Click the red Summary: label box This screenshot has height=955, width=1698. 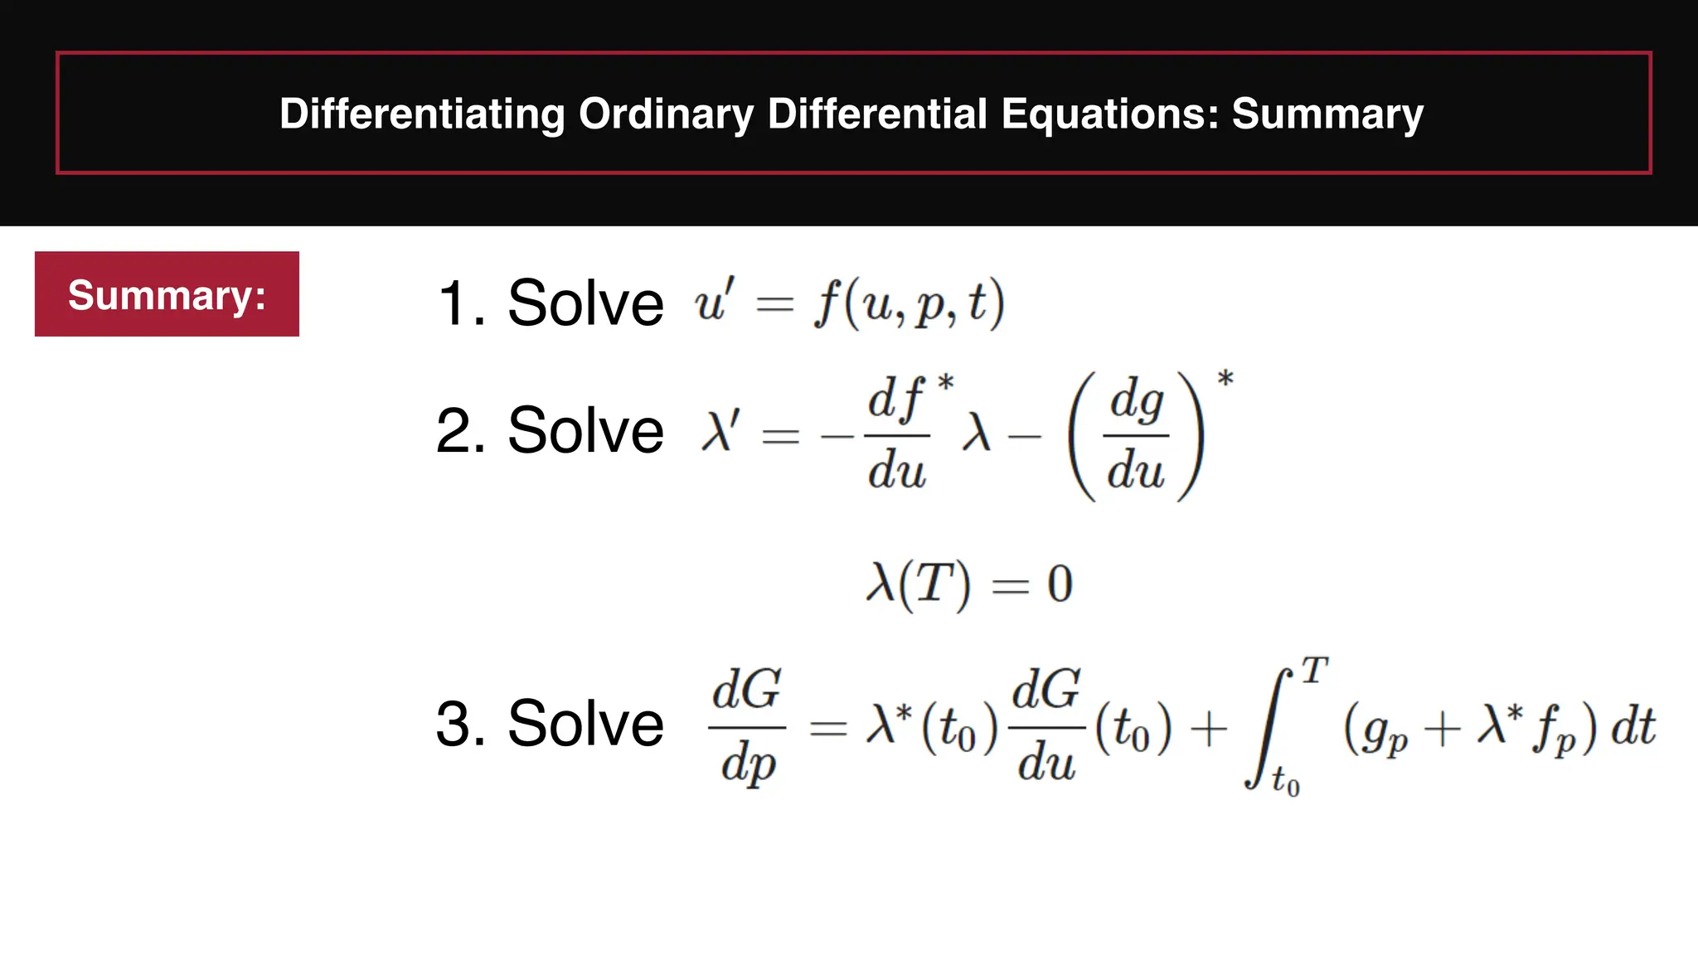click(167, 294)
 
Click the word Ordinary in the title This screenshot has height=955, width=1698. click(666, 114)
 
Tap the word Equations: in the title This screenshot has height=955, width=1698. click(1109, 114)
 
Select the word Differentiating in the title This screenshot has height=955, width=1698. click(422, 114)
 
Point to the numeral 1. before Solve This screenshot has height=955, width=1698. click(460, 303)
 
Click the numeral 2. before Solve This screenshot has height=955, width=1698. click(460, 431)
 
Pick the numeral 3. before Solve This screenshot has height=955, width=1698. click(460, 725)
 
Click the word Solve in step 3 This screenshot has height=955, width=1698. click(585, 725)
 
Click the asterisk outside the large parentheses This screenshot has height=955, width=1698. click(1225, 380)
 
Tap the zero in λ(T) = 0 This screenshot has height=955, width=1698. click(1060, 584)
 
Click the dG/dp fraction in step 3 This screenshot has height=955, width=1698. click(747, 726)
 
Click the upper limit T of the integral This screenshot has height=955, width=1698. click(1315, 670)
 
